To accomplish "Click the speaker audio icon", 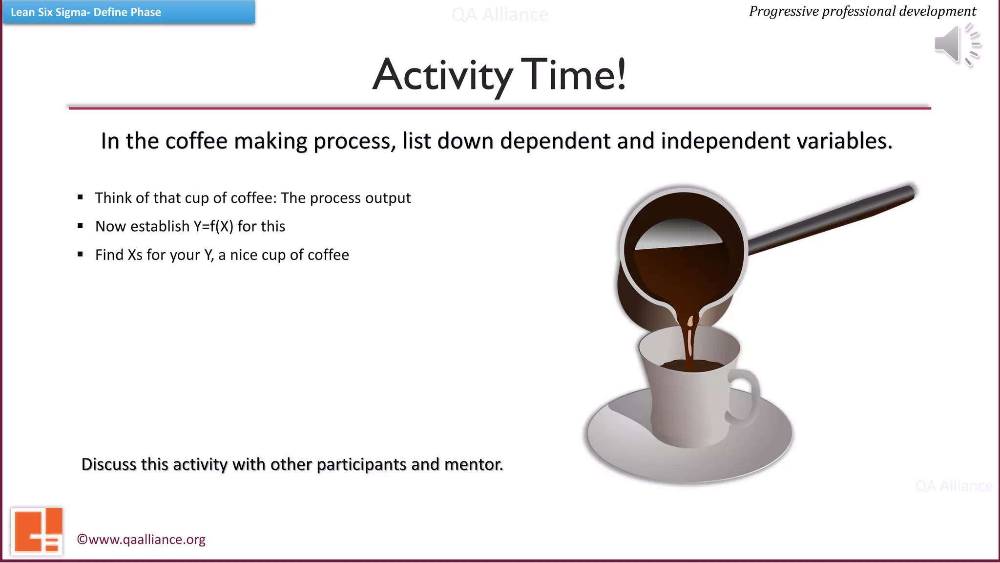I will coord(956,45).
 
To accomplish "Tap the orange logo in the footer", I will coord(37,532).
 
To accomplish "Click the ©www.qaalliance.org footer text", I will coord(141,540).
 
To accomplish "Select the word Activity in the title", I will coord(442,76).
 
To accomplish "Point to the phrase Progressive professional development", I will coord(862,11).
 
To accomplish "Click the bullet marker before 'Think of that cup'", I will coord(81,197).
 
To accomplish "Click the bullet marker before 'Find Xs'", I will coord(81,254).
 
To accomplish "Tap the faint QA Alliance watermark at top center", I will coord(500,15).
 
